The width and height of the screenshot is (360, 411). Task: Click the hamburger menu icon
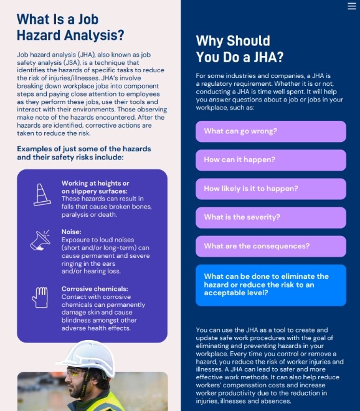click(351, 6)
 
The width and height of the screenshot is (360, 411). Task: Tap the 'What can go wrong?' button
click(270, 131)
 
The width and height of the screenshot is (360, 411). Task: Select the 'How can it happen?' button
click(270, 160)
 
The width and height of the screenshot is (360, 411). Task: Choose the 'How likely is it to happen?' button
click(270, 189)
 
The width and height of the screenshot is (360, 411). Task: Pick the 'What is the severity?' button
click(270, 217)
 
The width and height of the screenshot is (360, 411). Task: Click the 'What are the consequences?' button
click(270, 246)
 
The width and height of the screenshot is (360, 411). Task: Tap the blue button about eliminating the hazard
click(270, 285)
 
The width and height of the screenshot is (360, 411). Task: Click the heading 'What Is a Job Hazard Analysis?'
click(70, 27)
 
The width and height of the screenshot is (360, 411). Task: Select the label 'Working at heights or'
click(95, 183)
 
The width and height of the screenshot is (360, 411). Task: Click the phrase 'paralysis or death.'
click(88, 215)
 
